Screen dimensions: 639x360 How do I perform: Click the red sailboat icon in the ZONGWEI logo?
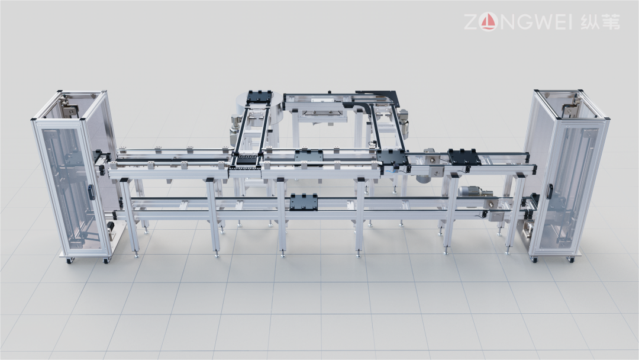coord(489,22)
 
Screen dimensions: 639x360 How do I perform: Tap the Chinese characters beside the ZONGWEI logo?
coord(601,21)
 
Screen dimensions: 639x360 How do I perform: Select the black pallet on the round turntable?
coord(259,97)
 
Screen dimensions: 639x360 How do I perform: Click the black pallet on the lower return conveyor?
coord(304,201)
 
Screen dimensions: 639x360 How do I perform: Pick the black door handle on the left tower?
coord(91,192)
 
